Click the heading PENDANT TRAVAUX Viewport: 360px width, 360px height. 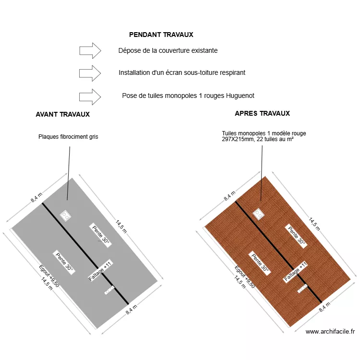click(161, 35)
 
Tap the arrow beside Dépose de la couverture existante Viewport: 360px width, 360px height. click(90, 50)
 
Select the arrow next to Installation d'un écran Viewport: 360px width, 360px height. click(90, 73)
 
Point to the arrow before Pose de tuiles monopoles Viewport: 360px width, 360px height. click(90, 96)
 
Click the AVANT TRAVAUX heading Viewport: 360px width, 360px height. click(62, 115)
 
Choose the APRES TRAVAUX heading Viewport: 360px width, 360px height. click(262, 114)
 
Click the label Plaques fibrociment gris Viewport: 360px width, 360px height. click(68, 137)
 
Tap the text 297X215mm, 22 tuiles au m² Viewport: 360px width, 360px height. click(258, 139)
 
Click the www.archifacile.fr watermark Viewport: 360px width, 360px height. click(330, 331)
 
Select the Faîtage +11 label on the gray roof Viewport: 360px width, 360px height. click(100, 271)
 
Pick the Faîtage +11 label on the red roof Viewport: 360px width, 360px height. click(296, 272)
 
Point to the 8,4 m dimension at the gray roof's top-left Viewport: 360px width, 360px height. click(37, 197)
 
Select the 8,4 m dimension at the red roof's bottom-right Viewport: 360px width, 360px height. click(325, 306)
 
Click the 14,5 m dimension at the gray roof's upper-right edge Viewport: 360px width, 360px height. click(120, 226)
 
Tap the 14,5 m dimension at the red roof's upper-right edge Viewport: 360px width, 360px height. click(314, 224)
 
